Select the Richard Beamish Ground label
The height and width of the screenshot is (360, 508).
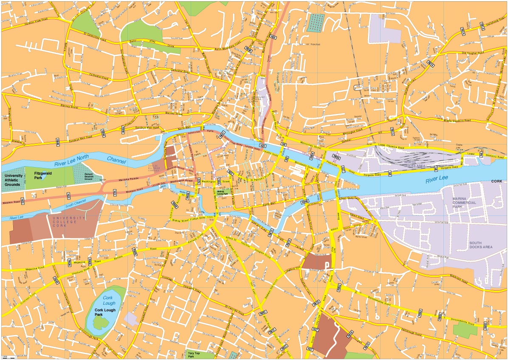tap(89, 176)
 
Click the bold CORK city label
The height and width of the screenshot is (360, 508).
tap(496, 181)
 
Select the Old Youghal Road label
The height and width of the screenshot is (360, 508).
tap(478, 53)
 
